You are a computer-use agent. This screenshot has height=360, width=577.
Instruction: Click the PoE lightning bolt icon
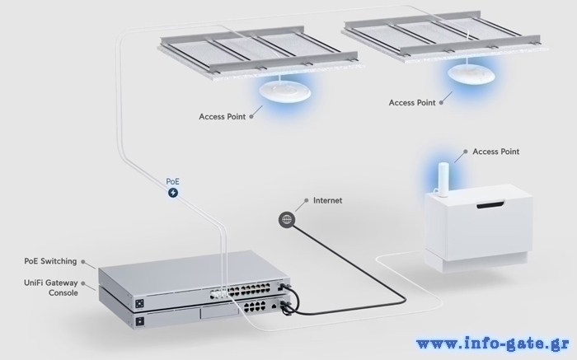pyautogui.click(x=173, y=193)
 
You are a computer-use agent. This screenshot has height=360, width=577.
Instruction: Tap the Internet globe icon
pyautogui.click(x=286, y=218)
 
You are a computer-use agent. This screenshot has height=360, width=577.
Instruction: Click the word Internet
pyautogui.click(x=327, y=200)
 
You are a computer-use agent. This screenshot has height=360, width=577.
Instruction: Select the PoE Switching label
pyautogui.click(x=50, y=261)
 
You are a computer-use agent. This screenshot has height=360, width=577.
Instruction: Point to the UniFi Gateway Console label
pyautogui.click(x=50, y=288)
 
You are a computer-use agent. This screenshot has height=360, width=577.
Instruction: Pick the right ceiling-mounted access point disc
pyautogui.click(x=468, y=74)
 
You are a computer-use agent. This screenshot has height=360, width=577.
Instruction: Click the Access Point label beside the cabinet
pyautogui.click(x=496, y=152)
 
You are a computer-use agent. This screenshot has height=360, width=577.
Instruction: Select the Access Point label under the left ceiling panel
pyautogui.click(x=223, y=116)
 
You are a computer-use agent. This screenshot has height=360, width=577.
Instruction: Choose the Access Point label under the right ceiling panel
pyautogui.click(x=412, y=103)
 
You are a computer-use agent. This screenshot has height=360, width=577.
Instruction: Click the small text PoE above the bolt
pyautogui.click(x=173, y=180)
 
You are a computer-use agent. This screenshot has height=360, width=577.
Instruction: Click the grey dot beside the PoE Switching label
pyautogui.click(x=84, y=262)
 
